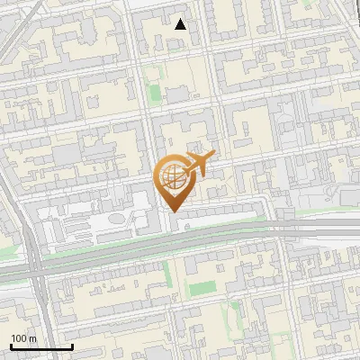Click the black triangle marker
coord(181,24)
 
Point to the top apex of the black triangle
coord(181,19)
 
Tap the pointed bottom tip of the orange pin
coord(174,211)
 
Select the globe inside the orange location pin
coord(173,178)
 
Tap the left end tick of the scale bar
coord(11,346)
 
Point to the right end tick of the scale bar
coord(72,346)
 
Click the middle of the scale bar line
coord(41,347)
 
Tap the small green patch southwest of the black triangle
coord(155,93)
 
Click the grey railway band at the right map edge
coord(351,230)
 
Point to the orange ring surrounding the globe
coord(160,178)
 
